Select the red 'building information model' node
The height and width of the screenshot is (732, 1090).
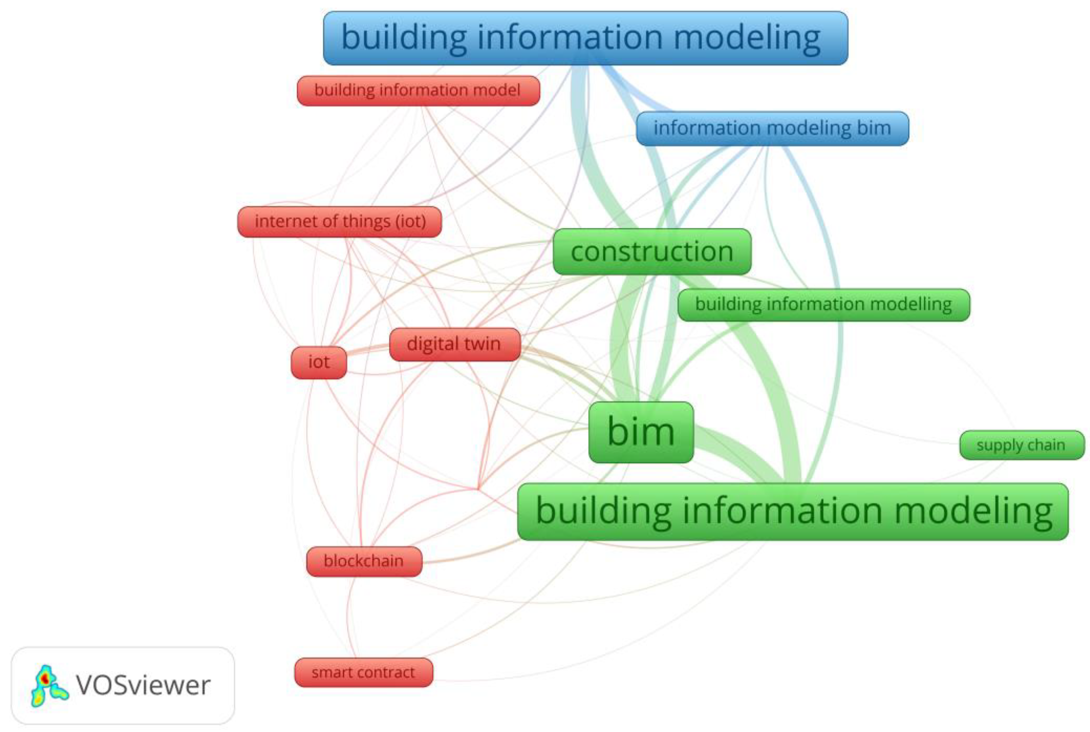coord(418,90)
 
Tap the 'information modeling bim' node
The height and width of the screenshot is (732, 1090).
coord(772,128)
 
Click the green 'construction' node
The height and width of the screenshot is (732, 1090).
coord(652,252)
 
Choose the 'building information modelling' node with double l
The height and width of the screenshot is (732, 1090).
coord(823,305)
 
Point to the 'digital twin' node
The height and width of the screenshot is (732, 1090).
coord(454,345)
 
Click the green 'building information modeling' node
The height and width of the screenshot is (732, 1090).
coord(793,512)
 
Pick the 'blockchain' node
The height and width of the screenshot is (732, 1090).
coord(364,561)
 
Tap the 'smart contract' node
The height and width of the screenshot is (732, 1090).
coord(363,673)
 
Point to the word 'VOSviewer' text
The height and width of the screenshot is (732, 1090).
coord(143,686)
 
